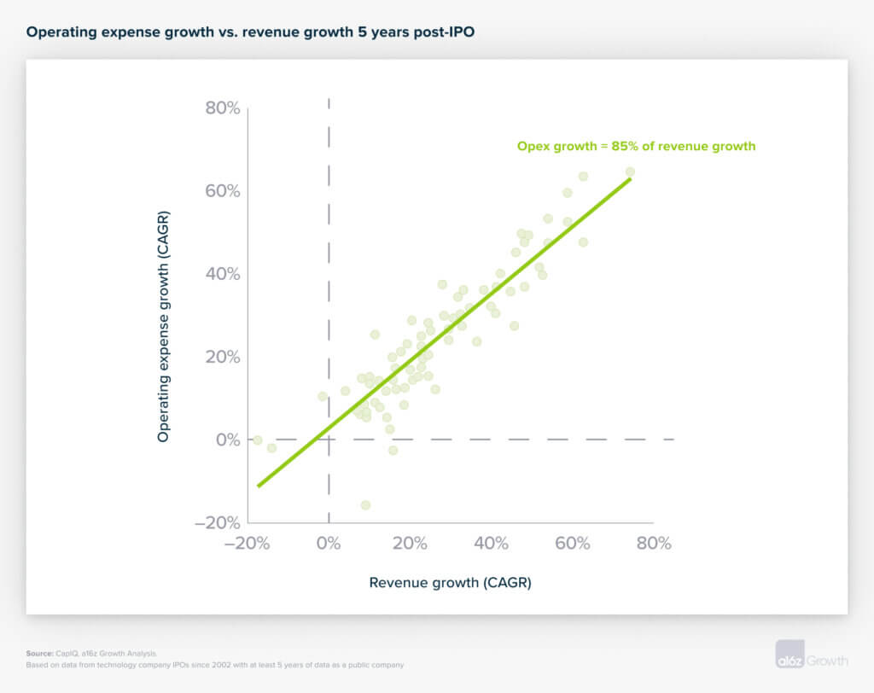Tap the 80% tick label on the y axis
(222, 108)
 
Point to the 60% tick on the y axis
(222, 191)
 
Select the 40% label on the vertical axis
(222, 274)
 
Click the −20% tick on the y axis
(218, 522)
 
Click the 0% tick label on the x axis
(329, 544)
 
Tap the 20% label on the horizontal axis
(410, 544)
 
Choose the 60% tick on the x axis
(573, 544)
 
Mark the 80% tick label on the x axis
(654, 544)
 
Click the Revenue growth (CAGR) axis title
(450, 583)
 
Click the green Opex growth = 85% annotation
(636, 146)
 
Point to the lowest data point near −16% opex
(365, 505)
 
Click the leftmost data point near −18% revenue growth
(257, 440)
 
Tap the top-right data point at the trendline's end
(630, 172)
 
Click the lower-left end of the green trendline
(258, 486)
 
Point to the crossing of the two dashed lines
(329, 440)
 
